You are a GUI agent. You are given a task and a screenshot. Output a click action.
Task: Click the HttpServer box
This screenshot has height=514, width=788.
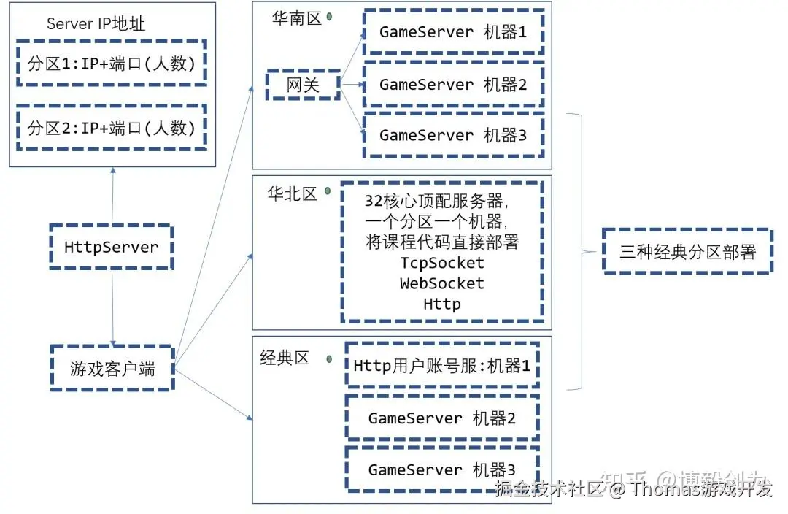click(111, 247)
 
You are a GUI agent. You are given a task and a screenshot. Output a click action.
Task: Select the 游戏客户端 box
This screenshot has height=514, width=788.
click(112, 368)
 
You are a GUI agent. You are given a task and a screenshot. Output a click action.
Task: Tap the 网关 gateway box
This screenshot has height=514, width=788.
click(303, 85)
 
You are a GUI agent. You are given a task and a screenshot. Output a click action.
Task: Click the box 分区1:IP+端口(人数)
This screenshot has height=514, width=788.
click(112, 64)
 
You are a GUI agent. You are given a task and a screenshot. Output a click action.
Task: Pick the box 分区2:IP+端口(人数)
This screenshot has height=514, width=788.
click(112, 128)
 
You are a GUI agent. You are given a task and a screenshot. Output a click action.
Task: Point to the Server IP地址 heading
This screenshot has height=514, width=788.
click(96, 23)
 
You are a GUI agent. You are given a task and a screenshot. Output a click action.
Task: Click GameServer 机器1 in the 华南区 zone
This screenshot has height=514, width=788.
click(453, 32)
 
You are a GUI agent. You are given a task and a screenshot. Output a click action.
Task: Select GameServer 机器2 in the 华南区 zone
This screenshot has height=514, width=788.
click(453, 85)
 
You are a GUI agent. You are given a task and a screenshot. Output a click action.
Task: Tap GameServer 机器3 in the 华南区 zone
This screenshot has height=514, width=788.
click(453, 135)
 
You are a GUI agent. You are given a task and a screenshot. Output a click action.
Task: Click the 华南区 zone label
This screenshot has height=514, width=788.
click(297, 19)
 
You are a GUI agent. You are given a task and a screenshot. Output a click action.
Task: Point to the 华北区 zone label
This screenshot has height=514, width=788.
click(292, 193)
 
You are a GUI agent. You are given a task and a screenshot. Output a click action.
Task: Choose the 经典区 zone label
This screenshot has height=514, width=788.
click(285, 358)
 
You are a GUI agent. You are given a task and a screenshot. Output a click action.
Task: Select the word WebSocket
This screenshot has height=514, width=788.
click(442, 283)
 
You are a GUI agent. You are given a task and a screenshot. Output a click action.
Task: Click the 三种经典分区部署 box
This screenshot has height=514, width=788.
click(687, 252)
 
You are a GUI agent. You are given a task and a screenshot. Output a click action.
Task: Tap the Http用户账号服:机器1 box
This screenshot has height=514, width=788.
click(442, 365)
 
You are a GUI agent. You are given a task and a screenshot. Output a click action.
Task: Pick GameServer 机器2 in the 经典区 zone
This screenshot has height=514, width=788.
click(442, 418)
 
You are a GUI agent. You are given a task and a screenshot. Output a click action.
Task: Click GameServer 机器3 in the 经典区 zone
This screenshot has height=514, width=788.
click(442, 469)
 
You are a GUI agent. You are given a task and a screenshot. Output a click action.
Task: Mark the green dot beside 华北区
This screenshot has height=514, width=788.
click(328, 191)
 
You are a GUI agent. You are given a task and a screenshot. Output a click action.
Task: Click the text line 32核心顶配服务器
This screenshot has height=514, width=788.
click(436, 201)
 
